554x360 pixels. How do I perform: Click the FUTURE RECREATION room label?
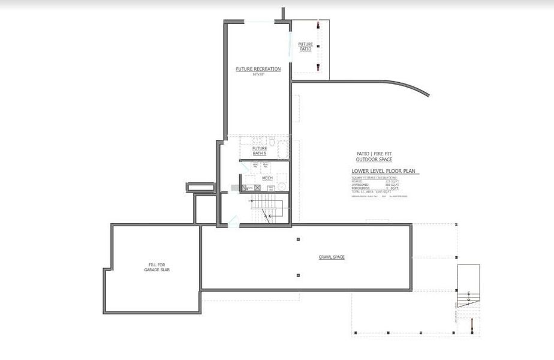[258, 70]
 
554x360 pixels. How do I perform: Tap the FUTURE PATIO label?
[306, 46]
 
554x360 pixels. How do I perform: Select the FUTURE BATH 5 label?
[260, 151]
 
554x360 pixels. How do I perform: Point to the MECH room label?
[267, 178]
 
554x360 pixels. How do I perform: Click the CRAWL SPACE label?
[331, 257]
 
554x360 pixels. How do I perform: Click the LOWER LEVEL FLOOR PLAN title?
[385, 172]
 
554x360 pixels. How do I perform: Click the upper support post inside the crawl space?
[298, 239]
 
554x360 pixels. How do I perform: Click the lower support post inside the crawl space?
[298, 275]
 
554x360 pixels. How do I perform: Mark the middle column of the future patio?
[318, 46]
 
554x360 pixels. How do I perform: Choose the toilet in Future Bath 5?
[272, 143]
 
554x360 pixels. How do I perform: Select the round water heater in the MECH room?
[270, 188]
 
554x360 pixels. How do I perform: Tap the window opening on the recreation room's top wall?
[259, 22]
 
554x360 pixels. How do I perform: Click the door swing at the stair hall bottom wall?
[233, 220]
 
